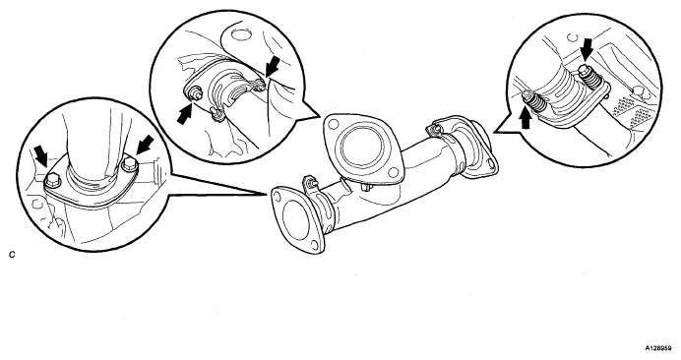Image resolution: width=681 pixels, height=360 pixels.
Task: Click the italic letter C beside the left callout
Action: point(12,255)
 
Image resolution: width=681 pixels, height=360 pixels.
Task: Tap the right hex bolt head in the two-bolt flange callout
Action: point(130,165)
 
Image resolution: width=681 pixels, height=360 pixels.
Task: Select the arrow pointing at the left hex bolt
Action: point(41,156)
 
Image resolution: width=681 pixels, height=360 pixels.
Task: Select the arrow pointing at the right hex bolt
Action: point(145,145)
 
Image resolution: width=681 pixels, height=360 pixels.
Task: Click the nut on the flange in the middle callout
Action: point(195,92)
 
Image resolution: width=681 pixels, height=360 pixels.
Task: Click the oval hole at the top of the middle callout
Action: point(238,33)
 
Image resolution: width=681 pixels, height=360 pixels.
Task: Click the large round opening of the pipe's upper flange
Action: point(363,148)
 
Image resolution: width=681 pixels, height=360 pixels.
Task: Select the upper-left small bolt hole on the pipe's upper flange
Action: point(334,124)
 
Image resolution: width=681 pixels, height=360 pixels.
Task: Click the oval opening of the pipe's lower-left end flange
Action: point(296,218)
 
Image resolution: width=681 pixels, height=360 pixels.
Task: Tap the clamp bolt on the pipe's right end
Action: point(433,130)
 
